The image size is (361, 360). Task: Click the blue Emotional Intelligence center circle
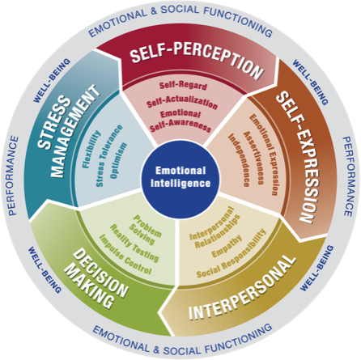point(180,178)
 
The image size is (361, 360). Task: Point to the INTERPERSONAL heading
point(242,287)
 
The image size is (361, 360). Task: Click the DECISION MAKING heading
point(96,278)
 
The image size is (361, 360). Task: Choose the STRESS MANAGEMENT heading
point(68,132)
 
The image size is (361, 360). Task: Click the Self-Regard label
point(183,85)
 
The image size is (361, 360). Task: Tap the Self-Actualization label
point(182,102)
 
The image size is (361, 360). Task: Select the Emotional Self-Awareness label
point(180,121)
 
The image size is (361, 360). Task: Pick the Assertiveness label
point(253,158)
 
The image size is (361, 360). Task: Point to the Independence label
point(239,160)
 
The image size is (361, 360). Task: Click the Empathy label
point(227,246)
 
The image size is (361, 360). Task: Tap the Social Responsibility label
point(231,254)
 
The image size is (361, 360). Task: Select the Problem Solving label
point(145,230)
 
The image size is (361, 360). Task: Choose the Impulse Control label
point(125,255)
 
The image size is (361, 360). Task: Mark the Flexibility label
point(91,149)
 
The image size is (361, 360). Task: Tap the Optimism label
point(118,160)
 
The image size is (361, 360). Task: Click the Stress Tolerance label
point(109,155)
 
